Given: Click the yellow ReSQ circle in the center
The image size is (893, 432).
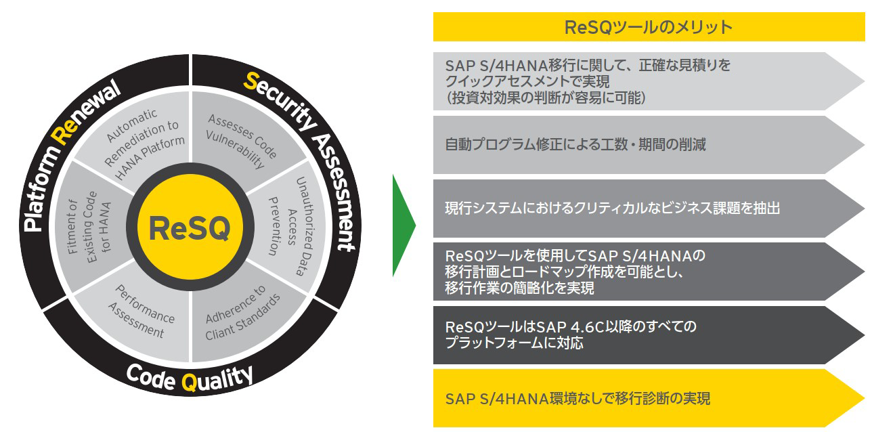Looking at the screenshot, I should pyautogui.click(x=190, y=228).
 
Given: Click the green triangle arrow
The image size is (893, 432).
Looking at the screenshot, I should pyautogui.click(x=404, y=225).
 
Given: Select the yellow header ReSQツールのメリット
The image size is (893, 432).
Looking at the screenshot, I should pyautogui.click(x=649, y=27).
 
